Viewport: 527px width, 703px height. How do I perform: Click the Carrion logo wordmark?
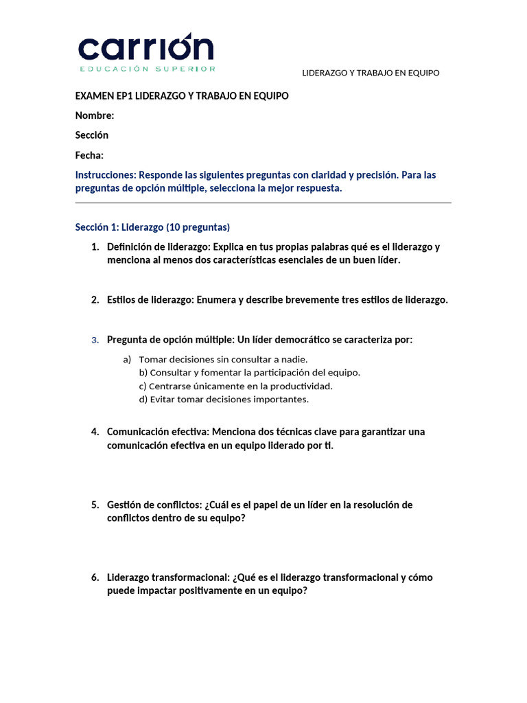145,47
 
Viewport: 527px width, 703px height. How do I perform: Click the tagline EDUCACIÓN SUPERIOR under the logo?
148,69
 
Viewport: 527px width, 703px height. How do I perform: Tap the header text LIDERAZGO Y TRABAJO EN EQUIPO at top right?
371,73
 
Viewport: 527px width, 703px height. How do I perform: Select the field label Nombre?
95,115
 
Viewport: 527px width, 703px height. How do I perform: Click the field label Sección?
92,135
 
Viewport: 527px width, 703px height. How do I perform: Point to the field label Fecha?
90,155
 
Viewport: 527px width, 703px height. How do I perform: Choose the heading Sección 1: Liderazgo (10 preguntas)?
152,227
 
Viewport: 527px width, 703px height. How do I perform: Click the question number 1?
95,247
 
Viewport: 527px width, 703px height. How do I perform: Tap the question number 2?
95,300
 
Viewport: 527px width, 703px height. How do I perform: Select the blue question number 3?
95,340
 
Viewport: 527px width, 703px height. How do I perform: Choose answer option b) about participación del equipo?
249,372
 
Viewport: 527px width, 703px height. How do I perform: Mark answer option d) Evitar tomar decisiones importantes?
224,399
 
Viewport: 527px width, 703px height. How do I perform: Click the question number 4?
95,432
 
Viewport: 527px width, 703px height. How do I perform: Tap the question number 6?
95,577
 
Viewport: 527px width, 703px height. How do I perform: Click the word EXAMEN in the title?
94,96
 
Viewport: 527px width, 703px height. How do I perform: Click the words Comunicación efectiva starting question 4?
157,432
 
